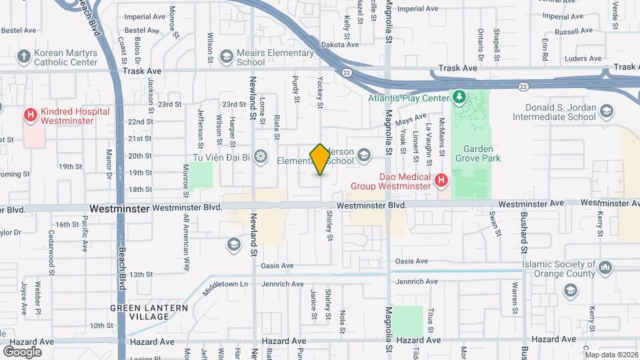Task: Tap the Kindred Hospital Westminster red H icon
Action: tap(30, 115)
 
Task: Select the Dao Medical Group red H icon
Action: tap(441, 180)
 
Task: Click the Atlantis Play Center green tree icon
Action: tap(459, 98)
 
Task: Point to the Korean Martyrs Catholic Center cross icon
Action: tap(24, 57)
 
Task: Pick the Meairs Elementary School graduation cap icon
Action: tap(227, 57)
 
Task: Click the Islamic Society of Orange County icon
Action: tap(606, 267)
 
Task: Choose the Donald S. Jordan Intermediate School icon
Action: tap(606, 111)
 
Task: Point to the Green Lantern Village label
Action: tap(149, 312)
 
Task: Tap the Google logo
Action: tap(23, 351)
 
